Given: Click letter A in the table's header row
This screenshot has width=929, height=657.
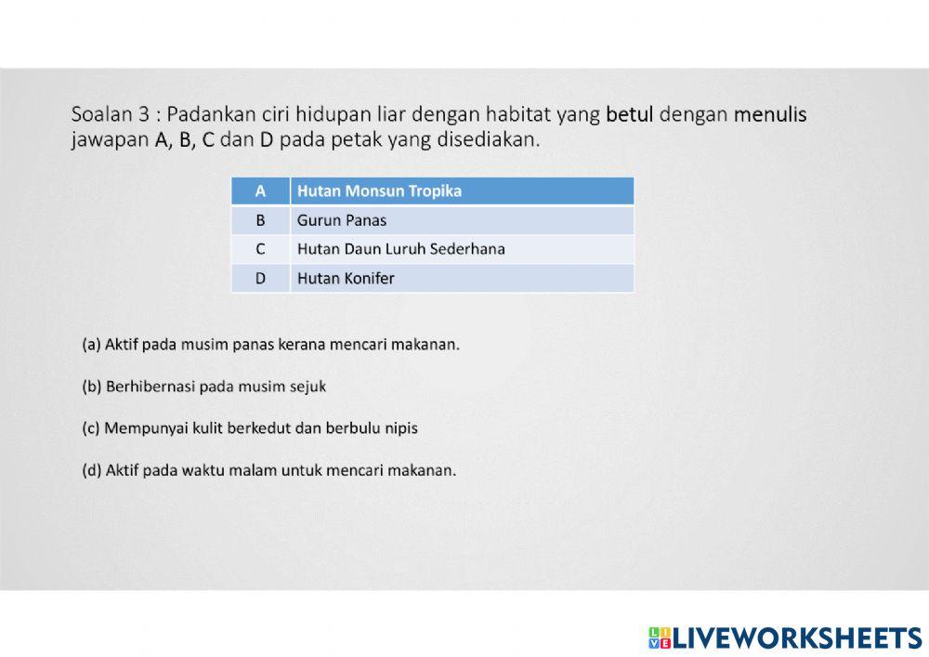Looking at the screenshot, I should [x=260, y=191].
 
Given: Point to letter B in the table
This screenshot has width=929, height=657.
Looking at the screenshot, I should [x=260, y=220].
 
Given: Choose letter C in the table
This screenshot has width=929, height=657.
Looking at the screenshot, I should [x=260, y=249].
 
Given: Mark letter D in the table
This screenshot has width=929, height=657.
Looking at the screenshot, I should [x=260, y=278].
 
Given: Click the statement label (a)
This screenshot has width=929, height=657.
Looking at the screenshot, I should [x=91, y=345].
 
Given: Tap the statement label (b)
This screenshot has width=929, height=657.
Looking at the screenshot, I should [x=91, y=387].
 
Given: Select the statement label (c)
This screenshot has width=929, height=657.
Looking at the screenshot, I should [x=91, y=428].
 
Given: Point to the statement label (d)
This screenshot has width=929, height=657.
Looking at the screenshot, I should [x=91, y=470].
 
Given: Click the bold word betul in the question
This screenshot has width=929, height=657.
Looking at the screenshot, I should [x=630, y=115].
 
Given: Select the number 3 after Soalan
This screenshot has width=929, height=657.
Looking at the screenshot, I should [x=144, y=115].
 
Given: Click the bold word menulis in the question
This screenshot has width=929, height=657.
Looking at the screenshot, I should [x=770, y=115].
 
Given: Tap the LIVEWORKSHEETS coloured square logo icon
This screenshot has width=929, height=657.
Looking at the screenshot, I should [x=660, y=637].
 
